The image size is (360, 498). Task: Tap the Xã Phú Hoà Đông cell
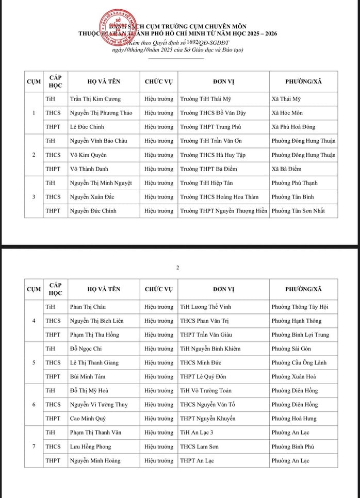click(x=293, y=127)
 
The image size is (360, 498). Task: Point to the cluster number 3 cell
click(x=34, y=197)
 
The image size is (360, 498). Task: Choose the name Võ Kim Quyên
click(x=87, y=155)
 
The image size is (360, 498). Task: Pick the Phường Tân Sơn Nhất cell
click(x=298, y=211)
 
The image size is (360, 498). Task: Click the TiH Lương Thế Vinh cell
click(x=205, y=307)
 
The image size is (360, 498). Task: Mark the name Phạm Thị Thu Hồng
click(x=94, y=335)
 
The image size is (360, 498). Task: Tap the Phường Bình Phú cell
click(x=292, y=446)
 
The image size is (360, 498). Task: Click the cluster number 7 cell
click(x=34, y=446)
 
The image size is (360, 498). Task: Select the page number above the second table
click(x=177, y=268)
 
